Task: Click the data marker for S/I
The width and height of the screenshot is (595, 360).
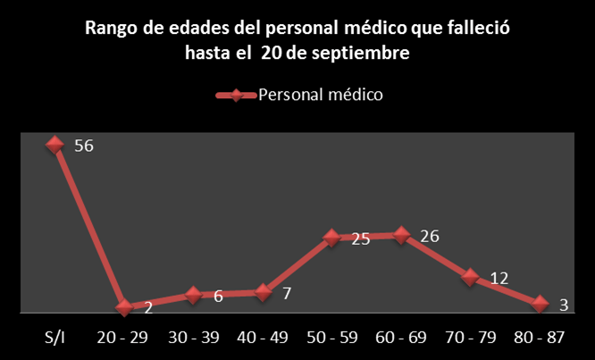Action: pyautogui.click(x=55, y=145)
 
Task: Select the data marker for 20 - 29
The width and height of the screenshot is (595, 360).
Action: pyautogui.click(x=124, y=307)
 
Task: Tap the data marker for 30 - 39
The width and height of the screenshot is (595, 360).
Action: pyautogui.click(x=193, y=295)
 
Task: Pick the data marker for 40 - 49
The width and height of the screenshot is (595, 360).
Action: pyautogui.click(x=263, y=292)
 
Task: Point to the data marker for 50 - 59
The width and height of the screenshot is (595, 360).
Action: pyautogui.click(x=331, y=238)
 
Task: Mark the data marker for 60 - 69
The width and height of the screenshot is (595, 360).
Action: pyautogui.click(x=401, y=235)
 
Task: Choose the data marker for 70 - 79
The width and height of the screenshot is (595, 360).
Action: pyautogui.click(x=471, y=277)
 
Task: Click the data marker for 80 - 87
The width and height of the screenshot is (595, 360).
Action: pyautogui.click(x=540, y=304)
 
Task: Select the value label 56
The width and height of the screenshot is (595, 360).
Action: pyautogui.click(x=85, y=147)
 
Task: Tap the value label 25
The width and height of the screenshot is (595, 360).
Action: pyautogui.click(x=360, y=239)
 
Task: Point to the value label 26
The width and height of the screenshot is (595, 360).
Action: pyautogui.click(x=429, y=237)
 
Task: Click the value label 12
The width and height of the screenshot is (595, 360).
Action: pyautogui.click(x=499, y=278)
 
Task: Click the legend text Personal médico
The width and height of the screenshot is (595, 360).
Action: pyautogui.click(x=321, y=95)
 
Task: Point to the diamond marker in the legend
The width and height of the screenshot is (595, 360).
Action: pyautogui.click(x=236, y=96)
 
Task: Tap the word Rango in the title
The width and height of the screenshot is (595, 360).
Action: pyautogui.click(x=111, y=29)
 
